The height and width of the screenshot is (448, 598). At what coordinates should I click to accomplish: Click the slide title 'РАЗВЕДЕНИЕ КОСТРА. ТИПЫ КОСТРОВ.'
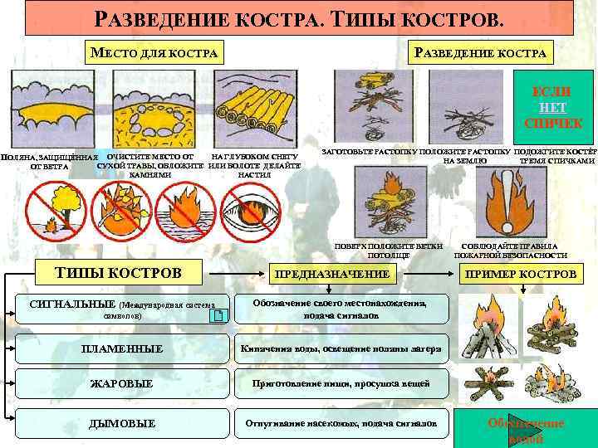pos(299,17)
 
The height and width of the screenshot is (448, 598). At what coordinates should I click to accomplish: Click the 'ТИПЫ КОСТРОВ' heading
pos(117,272)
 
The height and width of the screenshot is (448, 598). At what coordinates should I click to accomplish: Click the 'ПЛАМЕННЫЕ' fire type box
pos(121,348)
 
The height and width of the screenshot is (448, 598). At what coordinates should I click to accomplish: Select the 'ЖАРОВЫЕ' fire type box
pos(121,384)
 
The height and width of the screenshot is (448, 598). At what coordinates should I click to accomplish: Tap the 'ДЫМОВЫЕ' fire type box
pos(121,423)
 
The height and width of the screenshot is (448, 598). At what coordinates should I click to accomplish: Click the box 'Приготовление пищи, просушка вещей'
pos(341,384)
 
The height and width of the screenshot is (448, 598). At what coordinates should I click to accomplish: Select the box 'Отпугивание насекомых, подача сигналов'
pos(341,423)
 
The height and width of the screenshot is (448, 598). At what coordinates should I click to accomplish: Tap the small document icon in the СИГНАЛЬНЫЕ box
pos(217,315)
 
